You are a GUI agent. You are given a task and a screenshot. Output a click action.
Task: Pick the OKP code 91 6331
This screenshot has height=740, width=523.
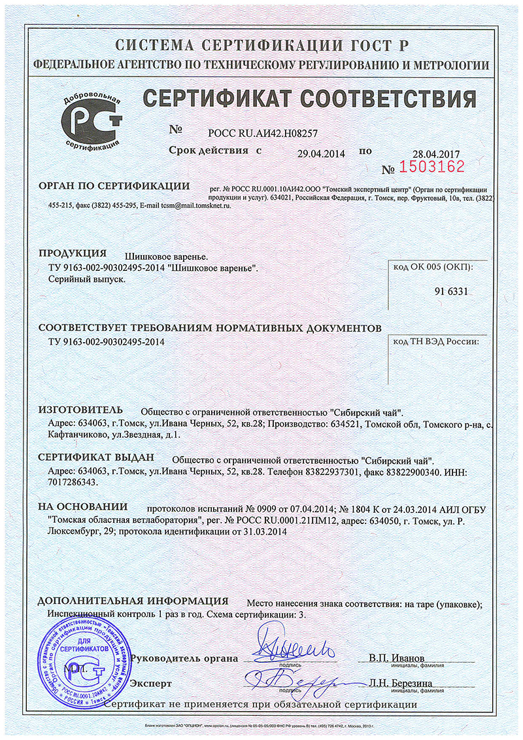(451, 291)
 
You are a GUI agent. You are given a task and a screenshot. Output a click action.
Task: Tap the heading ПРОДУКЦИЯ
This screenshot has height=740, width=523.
(72, 253)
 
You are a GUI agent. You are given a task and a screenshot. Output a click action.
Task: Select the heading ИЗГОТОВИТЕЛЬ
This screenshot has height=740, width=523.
(80, 410)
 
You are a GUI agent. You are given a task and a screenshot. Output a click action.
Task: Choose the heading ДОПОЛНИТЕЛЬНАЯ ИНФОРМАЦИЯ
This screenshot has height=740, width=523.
(133, 601)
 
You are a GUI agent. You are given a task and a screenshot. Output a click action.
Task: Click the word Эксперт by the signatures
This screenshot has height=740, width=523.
(151, 683)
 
